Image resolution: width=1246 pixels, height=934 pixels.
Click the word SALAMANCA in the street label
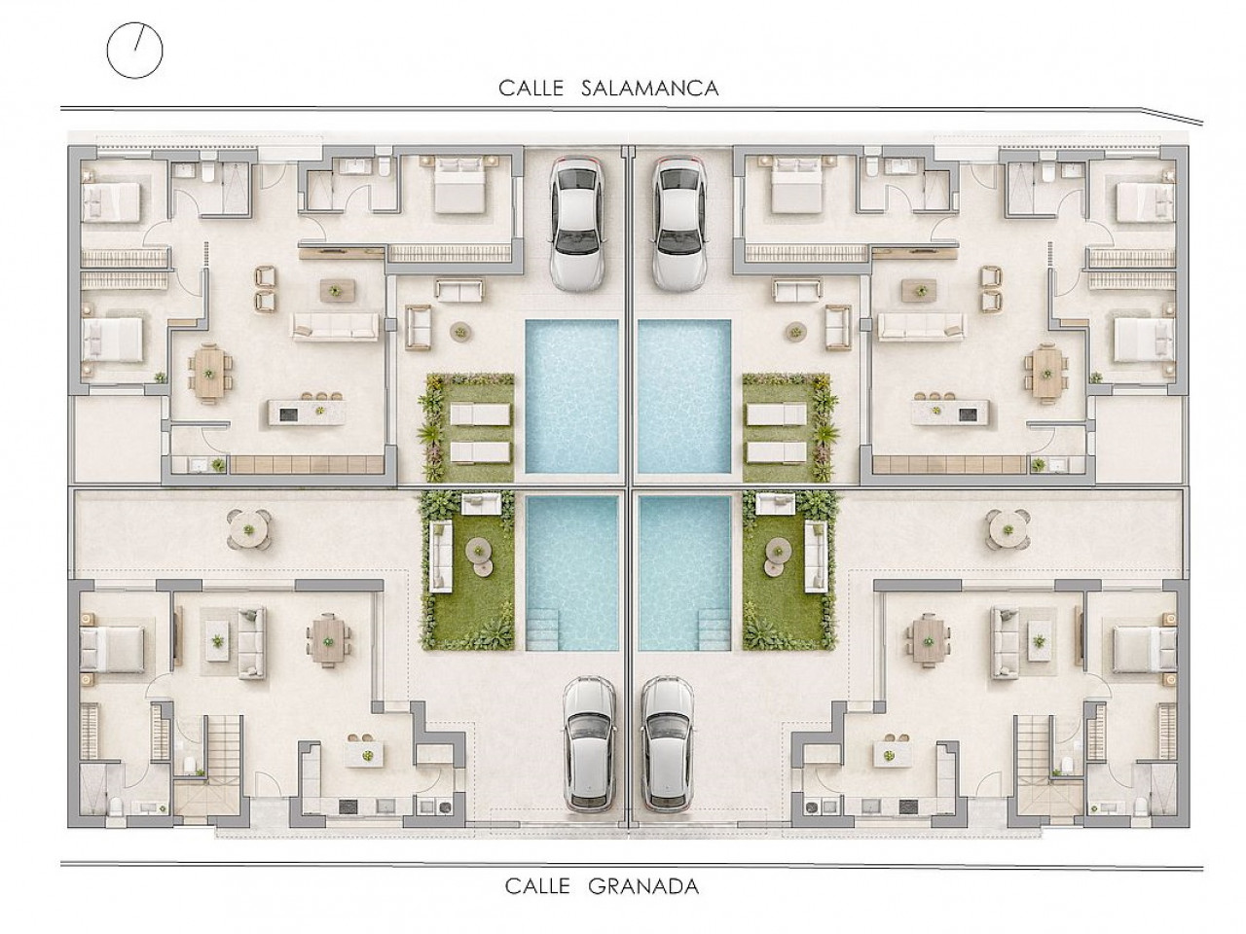point(650,89)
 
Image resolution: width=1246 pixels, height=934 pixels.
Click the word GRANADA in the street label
point(643,885)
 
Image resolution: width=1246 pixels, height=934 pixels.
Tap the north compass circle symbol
point(134,50)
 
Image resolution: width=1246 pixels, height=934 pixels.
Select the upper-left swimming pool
point(571,396)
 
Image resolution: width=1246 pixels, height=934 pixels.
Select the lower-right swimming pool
point(684,573)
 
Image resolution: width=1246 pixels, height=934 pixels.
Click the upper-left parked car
point(576,224)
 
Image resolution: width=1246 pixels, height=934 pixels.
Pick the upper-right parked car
point(678,224)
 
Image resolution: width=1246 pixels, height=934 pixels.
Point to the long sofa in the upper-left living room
point(335,326)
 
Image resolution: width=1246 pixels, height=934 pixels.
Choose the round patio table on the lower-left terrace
point(248,529)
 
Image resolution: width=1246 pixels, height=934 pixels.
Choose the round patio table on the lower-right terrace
point(1007,529)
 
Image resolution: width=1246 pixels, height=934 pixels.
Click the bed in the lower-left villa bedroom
point(112,649)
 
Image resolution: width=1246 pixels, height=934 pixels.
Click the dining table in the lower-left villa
point(327,640)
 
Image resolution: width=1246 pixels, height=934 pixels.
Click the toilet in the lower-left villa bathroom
point(114,806)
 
